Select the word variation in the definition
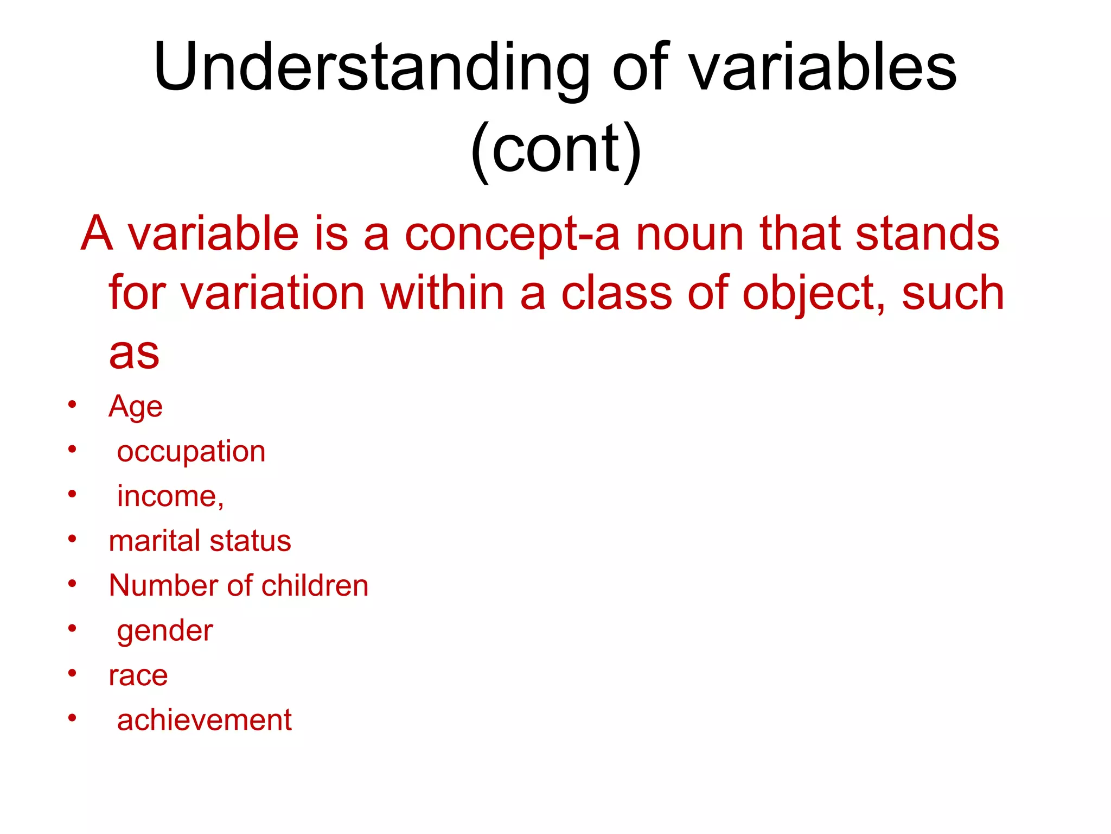tap(273, 293)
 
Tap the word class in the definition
tap(616, 293)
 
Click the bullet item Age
tap(135, 407)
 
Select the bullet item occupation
tap(191, 452)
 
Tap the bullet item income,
tap(170, 496)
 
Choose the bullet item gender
tap(165, 631)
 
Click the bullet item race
tap(138, 675)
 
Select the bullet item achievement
tap(204, 721)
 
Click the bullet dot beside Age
tap(72, 405)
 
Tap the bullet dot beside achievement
tap(72, 718)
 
